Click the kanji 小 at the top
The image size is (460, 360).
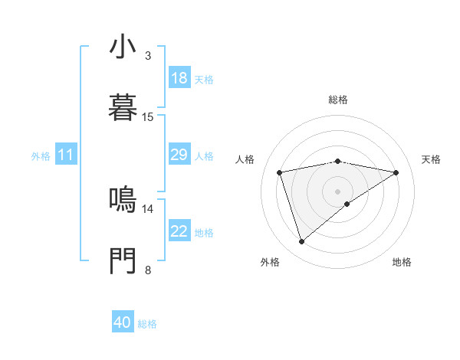pos(123,47)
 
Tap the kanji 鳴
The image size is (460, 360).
pos(123,201)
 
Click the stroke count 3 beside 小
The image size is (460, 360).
pos(147,56)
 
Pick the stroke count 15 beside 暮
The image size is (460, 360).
pos(147,117)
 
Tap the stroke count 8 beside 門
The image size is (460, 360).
pos(147,270)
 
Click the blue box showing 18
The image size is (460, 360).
pos(179,78)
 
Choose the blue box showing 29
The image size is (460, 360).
pos(179,155)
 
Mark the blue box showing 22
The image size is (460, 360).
pos(179,231)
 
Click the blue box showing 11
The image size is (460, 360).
pos(66,155)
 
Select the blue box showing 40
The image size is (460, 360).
pos(123,322)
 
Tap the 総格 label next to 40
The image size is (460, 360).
pos(147,324)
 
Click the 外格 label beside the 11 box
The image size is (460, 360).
pos(41,156)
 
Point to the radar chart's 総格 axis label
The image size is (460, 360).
pos(337,100)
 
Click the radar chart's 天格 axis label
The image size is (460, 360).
pos(431,159)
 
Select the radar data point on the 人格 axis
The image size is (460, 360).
pos(280,172)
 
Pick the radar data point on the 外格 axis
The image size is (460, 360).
pos(302,242)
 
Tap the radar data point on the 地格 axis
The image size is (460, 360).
pos(347,204)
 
